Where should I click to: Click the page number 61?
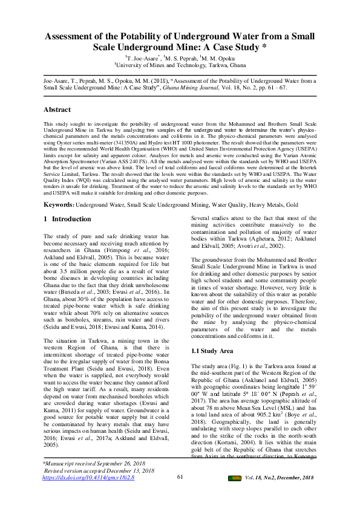(x=180, y=478)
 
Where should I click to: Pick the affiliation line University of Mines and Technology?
(x=182, y=65)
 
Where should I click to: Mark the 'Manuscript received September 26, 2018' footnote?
(x=100, y=462)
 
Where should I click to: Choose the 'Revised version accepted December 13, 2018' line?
(x=100, y=470)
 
